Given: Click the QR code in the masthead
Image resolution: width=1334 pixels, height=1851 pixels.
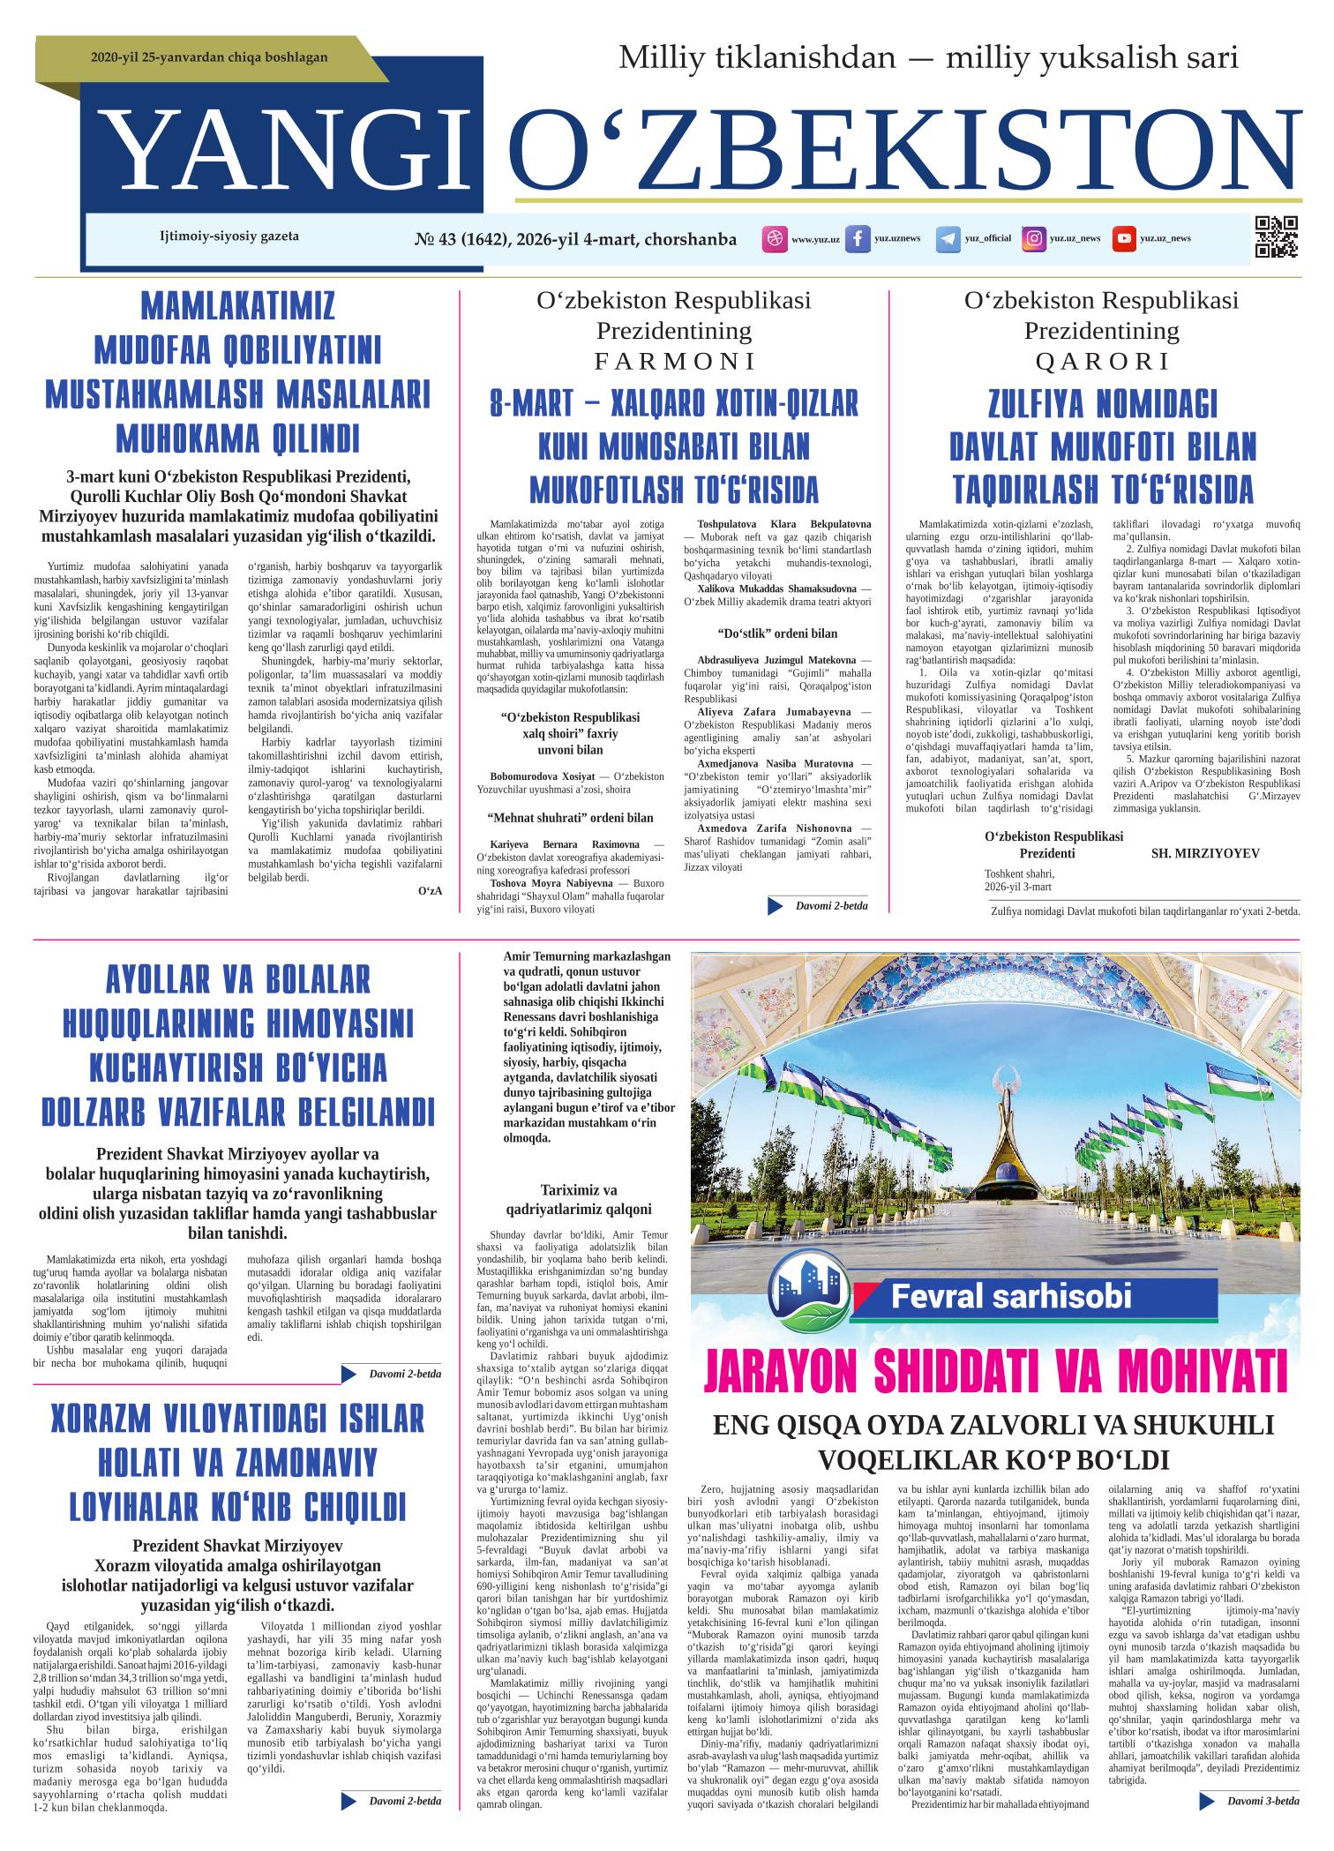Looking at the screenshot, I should pyautogui.click(x=1276, y=237).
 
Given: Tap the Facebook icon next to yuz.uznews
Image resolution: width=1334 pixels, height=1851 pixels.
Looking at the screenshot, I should pyautogui.click(x=857, y=239).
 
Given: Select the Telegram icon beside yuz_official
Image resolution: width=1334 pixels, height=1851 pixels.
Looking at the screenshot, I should pyautogui.click(x=948, y=239).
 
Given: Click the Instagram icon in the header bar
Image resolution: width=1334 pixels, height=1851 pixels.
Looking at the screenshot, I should pyautogui.click(x=1034, y=239).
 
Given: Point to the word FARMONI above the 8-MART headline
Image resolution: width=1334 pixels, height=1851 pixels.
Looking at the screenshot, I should pyautogui.click(x=675, y=361).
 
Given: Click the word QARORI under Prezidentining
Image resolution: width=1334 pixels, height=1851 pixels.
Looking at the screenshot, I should pyautogui.click(x=1101, y=361).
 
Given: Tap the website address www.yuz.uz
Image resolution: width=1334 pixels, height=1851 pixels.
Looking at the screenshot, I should pyautogui.click(x=815, y=239).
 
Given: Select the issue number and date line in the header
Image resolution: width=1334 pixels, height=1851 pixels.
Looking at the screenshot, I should pyautogui.click(x=574, y=239).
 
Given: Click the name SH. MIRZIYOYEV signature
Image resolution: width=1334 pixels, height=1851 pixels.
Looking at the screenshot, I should pyautogui.click(x=1205, y=853).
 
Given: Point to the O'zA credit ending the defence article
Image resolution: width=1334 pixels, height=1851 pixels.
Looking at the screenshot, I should pyautogui.click(x=430, y=890).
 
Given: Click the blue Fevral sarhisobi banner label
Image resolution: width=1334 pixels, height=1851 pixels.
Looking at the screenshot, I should pyautogui.click(x=1010, y=1297).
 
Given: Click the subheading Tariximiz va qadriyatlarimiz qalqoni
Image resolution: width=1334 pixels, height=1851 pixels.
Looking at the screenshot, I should pyautogui.click(x=579, y=1200).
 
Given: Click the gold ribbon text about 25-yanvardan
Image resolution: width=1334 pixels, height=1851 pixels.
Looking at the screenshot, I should pyautogui.click(x=209, y=57).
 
